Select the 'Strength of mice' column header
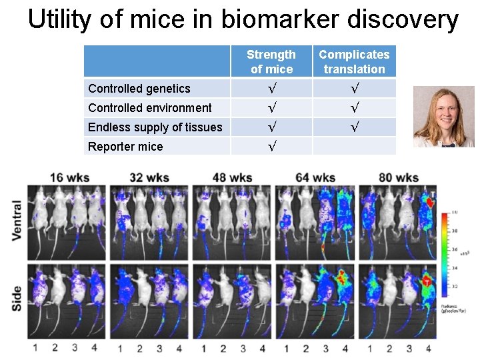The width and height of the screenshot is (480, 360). pyautogui.click(x=271, y=61)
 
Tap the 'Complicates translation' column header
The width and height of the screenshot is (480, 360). pyautogui.click(x=354, y=61)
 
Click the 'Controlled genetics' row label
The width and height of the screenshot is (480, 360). pyautogui.click(x=139, y=89)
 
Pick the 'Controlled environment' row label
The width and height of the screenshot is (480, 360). pyautogui.click(x=150, y=108)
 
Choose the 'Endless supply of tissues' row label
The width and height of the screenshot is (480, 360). pyautogui.click(x=155, y=127)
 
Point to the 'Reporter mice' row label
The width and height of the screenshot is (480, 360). pyautogui.click(x=125, y=147)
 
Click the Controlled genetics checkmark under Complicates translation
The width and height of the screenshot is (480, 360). pyautogui.click(x=354, y=89)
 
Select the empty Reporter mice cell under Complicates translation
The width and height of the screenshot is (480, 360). pyautogui.click(x=354, y=146)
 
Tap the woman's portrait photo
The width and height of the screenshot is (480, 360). pyautogui.click(x=434, y=116)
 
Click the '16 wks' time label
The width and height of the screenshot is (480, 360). pyautogui.click(x=67, y=177)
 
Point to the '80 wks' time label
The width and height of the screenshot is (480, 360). pyautogui.click(x=398, y=177)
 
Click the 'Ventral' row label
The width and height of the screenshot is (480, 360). pyautogui.click(x=17, y=219)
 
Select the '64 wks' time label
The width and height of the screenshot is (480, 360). pyautogui.click(x=315, y=177)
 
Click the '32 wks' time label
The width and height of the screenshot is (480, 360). pyautogui.click(x=149, y=177)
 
